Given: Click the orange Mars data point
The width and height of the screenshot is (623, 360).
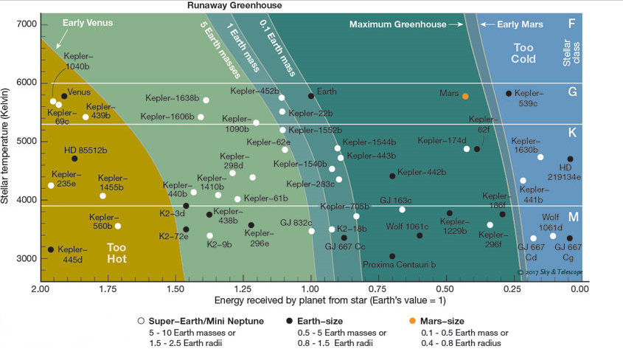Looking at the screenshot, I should [x=465, y=96].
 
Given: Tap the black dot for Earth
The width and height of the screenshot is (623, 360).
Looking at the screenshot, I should [x=311, y=96].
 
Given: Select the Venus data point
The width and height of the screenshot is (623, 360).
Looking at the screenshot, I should [x=65, y=96].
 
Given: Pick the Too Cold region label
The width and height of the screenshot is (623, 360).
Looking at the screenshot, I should [x=528, y=53].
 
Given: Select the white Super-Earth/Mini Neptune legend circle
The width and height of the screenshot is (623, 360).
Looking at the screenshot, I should [x=141, y=322].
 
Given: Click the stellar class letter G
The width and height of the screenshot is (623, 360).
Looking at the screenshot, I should [x=571, y=92].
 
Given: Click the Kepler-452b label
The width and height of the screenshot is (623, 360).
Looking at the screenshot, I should [x=254, y=91].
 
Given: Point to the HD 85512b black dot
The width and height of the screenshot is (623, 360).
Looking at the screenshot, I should [x=74, y=159].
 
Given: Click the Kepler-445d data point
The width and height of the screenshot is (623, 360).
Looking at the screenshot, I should [x=51, y=249].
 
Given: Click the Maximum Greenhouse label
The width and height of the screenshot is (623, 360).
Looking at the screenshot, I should [x=397, y=24].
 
